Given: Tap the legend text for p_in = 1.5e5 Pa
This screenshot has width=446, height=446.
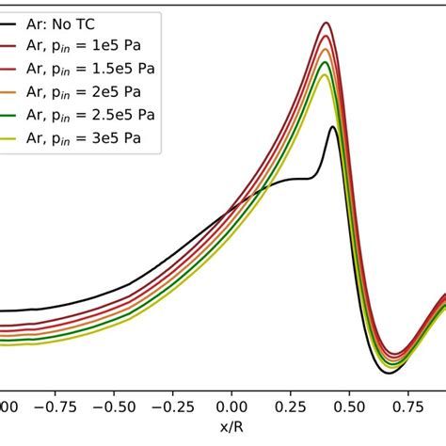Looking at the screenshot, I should point(104,70).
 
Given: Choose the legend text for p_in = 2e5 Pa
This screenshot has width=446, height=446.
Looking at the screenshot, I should point(98,93).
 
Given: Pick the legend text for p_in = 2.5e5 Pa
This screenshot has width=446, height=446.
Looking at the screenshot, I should point(104,116).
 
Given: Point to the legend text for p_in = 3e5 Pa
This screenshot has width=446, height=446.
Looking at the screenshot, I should point(98,139).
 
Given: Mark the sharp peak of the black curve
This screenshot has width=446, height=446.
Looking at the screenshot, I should point(332,127).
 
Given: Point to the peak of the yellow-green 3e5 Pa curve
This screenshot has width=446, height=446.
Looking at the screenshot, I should point(324,74).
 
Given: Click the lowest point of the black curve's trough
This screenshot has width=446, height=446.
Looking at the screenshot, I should point(387,374).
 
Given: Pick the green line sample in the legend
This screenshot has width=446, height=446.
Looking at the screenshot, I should point(19,116).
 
